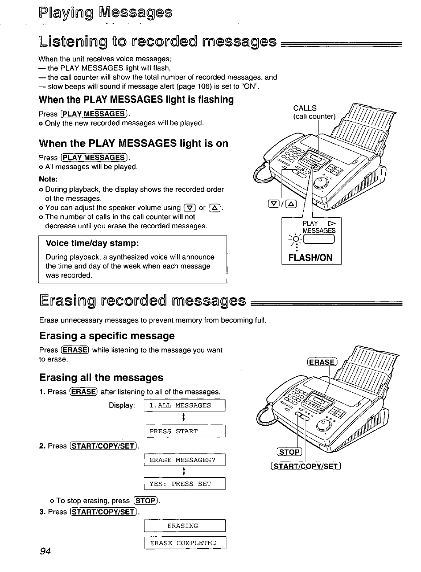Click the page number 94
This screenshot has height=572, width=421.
(x=45, y=551)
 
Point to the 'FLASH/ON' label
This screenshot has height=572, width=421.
(x=310, y=258)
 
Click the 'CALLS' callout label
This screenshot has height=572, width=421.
(x=305, y=108)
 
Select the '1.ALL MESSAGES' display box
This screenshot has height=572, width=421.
(x=184, y=405)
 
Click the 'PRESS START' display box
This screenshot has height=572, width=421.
(x=184, y=431)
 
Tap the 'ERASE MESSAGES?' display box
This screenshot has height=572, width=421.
(x=184, y=460)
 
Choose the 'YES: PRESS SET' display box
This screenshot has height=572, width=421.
(x=184, y=484)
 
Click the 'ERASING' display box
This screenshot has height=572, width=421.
(x=184, y=526)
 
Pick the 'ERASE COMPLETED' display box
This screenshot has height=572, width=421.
(x=184, y=543)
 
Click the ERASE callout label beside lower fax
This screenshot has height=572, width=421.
(x=322, y=362)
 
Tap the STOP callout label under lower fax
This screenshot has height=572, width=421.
(x=289, y=452)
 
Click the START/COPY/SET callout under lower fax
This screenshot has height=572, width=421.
(x=306, y=466)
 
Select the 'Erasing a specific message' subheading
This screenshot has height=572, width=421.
(x=107, y=336)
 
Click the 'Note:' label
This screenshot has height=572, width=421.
(x=48, y=179)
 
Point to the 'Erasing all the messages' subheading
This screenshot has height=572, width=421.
(x=101, y=378)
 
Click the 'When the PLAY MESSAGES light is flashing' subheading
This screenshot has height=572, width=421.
(x=136, y=100)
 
